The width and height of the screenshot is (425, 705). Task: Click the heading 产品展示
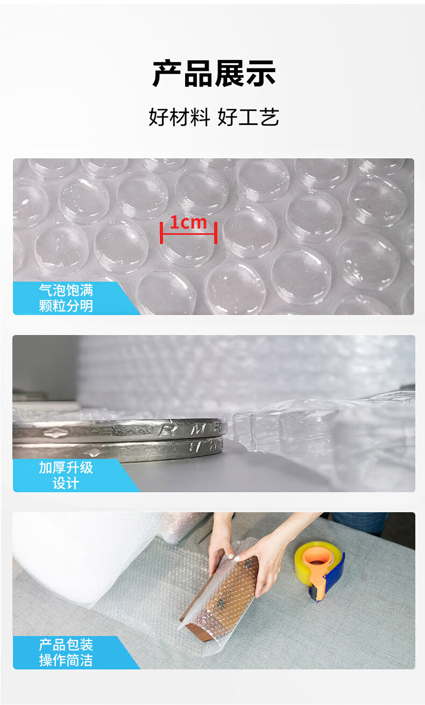pyautogui.click(x=214, y=74)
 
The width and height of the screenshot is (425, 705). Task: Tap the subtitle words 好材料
pyautogui.click(x=179, y=117)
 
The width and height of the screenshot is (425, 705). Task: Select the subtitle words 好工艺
pyautogui.click(x=248, y=117)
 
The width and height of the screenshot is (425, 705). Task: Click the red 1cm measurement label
pyautogui.click(x=188, y=222)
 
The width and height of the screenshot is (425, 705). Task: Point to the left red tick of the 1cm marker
pyautogui.click(x=161, y=233)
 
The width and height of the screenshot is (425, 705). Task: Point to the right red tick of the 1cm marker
pyautogui.click(x=216, y=233)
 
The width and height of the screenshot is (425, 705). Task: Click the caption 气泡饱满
pyautogui.click(x=66, y=290)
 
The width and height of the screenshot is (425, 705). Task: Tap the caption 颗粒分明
pyautogui.click(x=66, y=305)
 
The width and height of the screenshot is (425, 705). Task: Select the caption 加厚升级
pyautogui.click(x=66, y=467)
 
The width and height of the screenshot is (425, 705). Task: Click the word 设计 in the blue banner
pyautogui.click(x=66, y=483)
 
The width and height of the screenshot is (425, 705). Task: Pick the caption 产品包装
pyautogui.click(x=66, y=645)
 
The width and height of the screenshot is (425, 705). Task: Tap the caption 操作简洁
pyautogui.click(x=66, y=660)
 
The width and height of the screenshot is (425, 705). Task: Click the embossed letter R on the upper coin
pyautogui.click(x=166, y=429)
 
